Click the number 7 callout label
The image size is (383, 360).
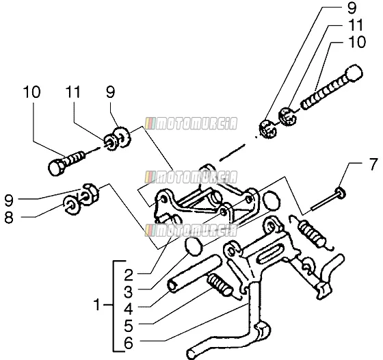tap(373, 164)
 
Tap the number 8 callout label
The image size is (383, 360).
tap(9, 217)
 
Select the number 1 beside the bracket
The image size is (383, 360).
tap(97, 305)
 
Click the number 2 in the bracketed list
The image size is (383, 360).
tap(129, 275)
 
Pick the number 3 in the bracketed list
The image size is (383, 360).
tap(129, 292)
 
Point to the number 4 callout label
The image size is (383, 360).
tap(129, 309)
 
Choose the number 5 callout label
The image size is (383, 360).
tap(129, 326)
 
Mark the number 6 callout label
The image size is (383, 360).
tap(129, 343)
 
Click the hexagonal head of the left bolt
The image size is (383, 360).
tap(56, 168)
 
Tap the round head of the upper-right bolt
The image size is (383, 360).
tap(354, 73)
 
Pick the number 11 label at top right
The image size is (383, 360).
tap(356, 25)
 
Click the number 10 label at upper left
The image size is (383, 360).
tap(31, 92)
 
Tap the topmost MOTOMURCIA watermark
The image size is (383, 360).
tap(191, 123)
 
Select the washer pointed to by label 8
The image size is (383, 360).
tap(72, 205)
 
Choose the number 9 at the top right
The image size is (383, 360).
tap(352, 8)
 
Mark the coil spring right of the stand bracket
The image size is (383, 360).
tap(312, 233)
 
